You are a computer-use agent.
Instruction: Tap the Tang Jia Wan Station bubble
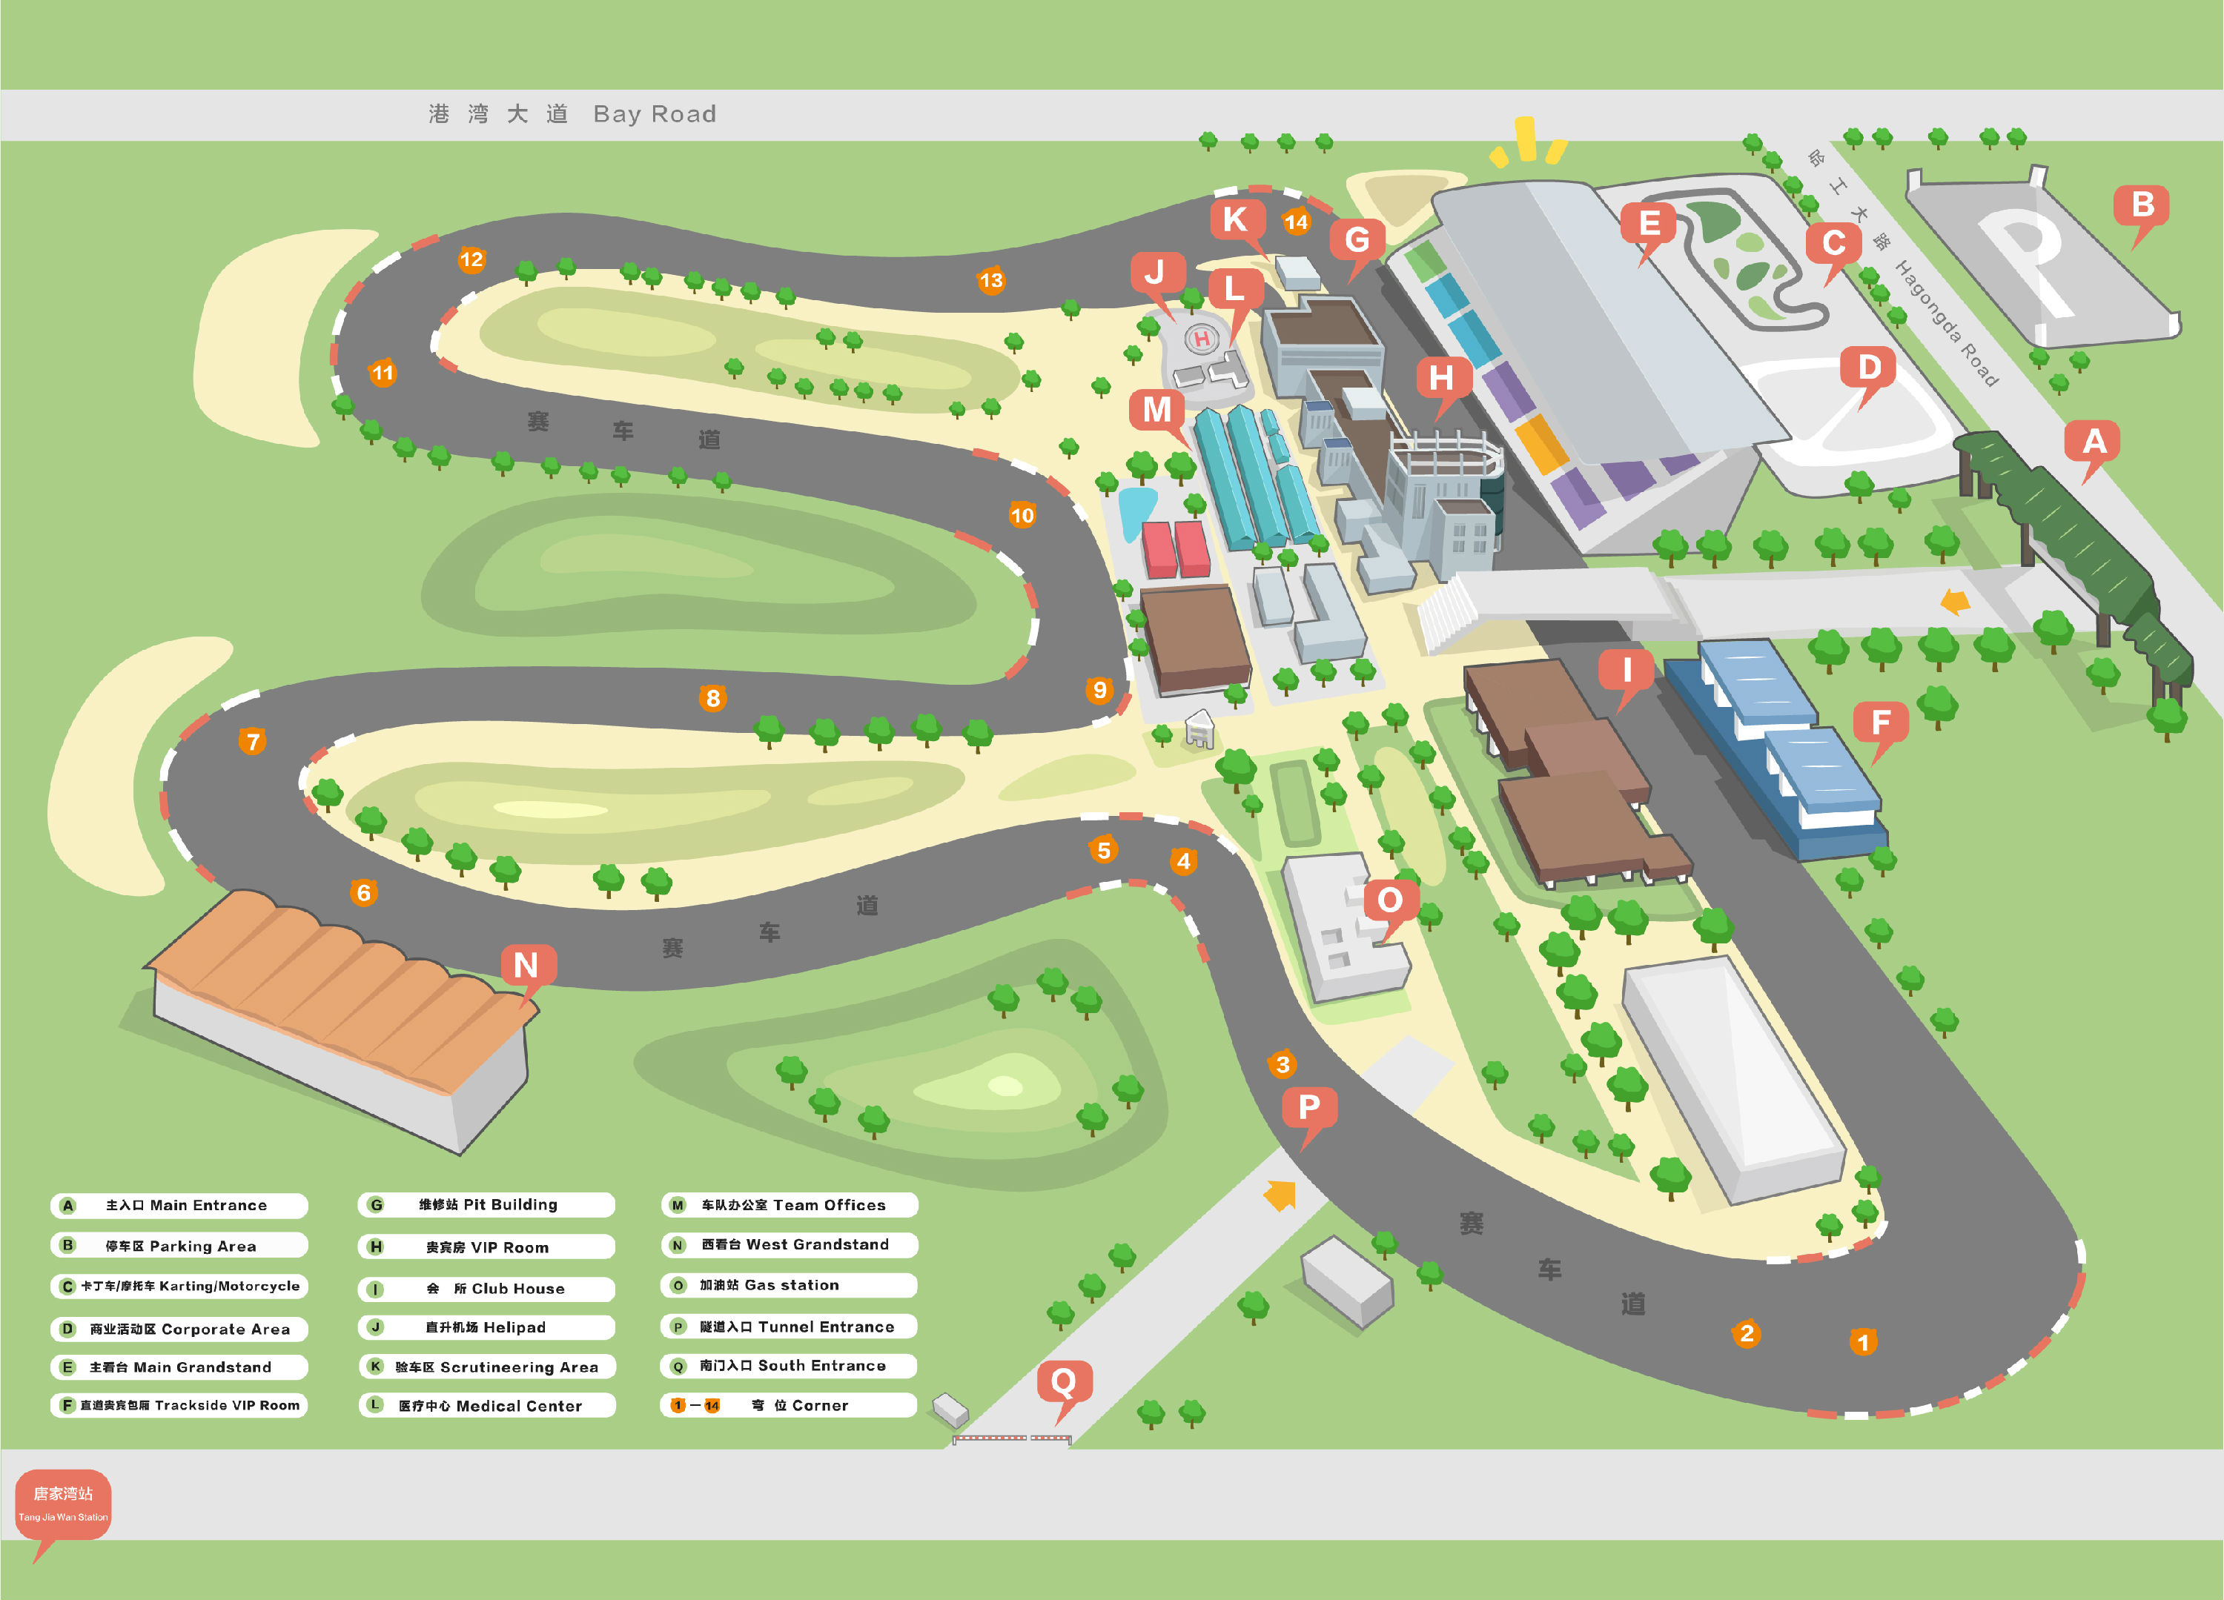tap(63, 1506)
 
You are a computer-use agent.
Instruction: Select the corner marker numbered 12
tap(471, 260)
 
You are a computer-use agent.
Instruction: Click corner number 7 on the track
tap(253, 741)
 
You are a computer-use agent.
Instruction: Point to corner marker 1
tap(1863, 1341)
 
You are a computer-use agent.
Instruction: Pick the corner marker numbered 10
tap(1022, 515)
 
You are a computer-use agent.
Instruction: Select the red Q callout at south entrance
tap(1064, 1387)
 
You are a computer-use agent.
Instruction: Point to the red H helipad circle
tap(1201, 339)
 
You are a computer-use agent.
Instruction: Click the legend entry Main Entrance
tap(179, 1205)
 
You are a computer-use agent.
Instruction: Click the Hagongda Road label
tap(1945, 322)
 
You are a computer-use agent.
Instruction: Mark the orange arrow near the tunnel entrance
tap(1280, 1194)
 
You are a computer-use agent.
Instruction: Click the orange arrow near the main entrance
tap(1954, 601)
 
